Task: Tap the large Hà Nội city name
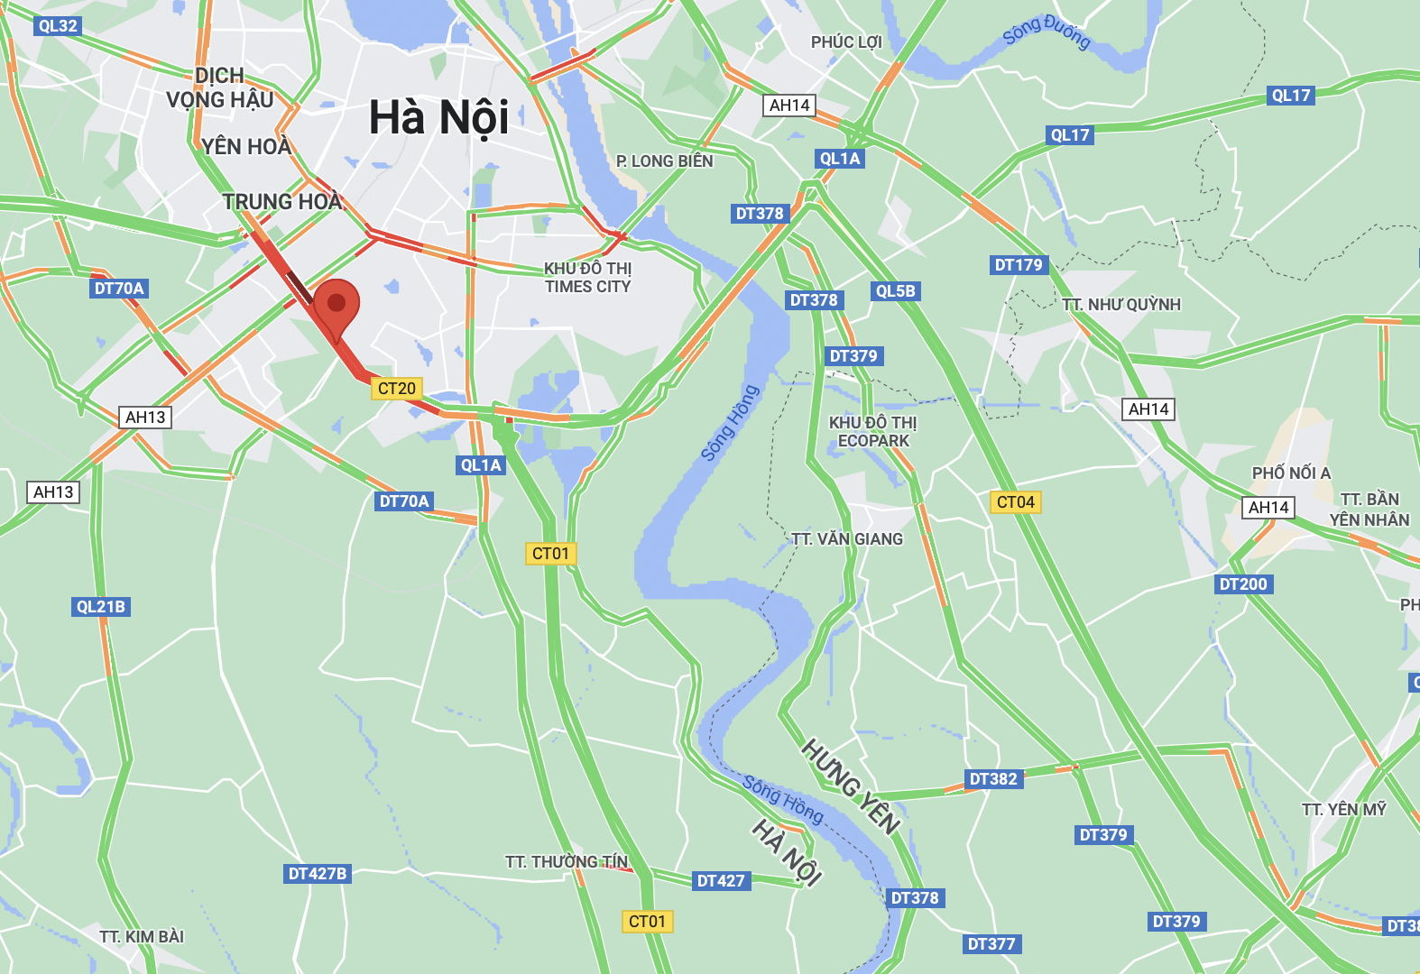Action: pyautogui.click(x=439, y=118)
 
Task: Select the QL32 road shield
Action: pyautogui.click(x=58, y=25)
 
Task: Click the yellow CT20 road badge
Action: pyautogui.click(x=397, y=389)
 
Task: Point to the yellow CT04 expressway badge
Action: pyautogui.click(x=1016, y=502)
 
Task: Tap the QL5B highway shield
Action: pyautogui.click(x=895, y=291)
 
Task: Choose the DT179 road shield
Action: pyautogui.click(x=1019, y=265)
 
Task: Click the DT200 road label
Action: pyautogui.click(x=1243, y=584)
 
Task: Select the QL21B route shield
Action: pyautogui.click(x=101, y=607)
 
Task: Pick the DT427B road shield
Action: pyautogui.click(x=318, y=874)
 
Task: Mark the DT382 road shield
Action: pyautogui.click(x=993, y=779)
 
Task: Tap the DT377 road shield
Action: pyautogui.click(x=991, y=944)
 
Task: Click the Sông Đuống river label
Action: pyautogui.click(x=1047, y=32)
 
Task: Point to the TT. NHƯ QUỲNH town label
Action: pyautogui.click(x=1121, y=305)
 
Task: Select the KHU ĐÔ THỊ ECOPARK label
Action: pyautogui.click(x=873, y=432)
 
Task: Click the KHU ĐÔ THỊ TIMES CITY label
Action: pyautogui.click(x=588, y=278)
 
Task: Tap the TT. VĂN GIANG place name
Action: pyautogui.click(x=847, y=539)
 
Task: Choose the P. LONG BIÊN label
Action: pyautogui.click(x=665, y=161)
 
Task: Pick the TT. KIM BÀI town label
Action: pyautogui.click(x=143, y=937)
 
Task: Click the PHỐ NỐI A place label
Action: pyautogui.click(x=1291, y=473)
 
